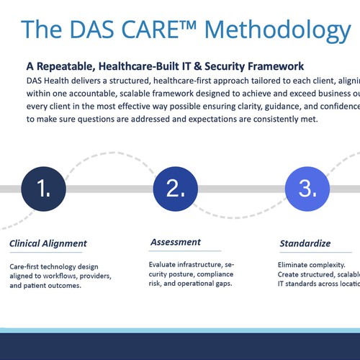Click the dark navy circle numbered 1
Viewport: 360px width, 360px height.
click(x=44, y=189)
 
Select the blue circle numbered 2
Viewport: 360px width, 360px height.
click(x=176, y=189)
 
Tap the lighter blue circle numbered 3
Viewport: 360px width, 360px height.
click(x=307, y=189)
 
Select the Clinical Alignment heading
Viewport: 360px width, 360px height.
click(x=48, y=243)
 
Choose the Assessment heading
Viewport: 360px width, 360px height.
click(x=175, y=243)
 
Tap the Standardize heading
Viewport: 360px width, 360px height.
click(x=305, y=243)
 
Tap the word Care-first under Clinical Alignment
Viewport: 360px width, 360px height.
click(x=27, y=266)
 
